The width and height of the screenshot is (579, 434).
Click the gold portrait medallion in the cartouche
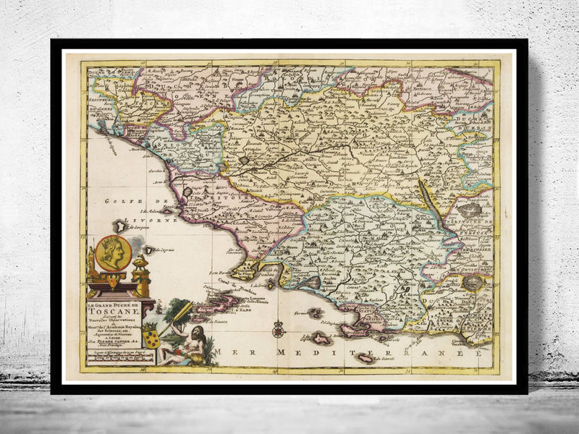pos(111,253)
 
